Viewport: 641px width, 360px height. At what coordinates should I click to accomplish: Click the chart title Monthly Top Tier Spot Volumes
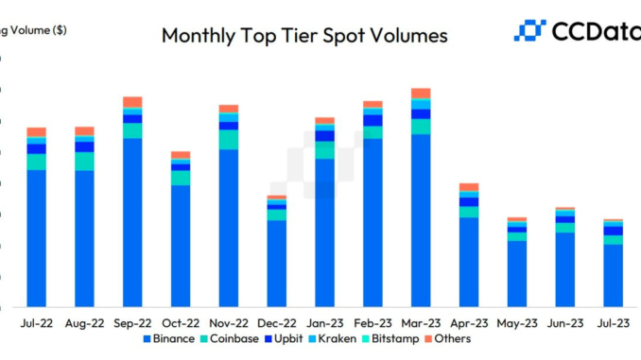point(304,37)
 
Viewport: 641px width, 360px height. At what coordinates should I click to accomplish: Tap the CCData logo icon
point(529,30)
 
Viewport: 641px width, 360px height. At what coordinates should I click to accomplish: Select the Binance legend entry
point(169,338)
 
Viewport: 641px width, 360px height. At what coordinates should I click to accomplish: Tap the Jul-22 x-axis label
point(37,322)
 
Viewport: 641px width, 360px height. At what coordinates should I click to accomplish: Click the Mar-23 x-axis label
point(421,322)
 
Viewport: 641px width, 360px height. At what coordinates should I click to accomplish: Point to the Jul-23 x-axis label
point(614,322)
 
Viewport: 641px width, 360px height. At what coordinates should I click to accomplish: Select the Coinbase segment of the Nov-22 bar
point(229,139)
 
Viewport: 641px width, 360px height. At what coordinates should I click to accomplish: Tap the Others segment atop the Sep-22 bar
point(132,101)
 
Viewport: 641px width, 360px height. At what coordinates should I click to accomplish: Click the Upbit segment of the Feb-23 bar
point(373,120)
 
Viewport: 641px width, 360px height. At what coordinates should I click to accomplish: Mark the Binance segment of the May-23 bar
point(517,273)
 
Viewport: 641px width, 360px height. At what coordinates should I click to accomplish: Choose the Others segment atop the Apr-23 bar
point(469,187)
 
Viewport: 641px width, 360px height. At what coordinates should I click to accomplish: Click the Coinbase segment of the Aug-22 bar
point(84,161)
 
